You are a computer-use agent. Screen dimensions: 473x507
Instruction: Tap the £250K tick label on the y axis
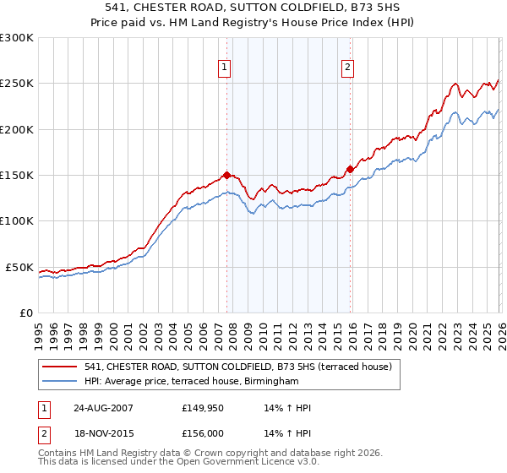point(17,84)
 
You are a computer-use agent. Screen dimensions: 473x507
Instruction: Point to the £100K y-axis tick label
point(17,220)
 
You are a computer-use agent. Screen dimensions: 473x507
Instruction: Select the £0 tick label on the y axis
point(25,313)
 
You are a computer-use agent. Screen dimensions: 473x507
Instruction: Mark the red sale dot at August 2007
point(226,176)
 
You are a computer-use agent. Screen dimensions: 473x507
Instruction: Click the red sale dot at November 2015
point(349,169)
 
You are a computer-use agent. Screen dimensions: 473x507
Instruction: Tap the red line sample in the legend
point(60,367)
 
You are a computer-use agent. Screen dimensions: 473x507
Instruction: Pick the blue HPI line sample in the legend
point(60,382)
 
